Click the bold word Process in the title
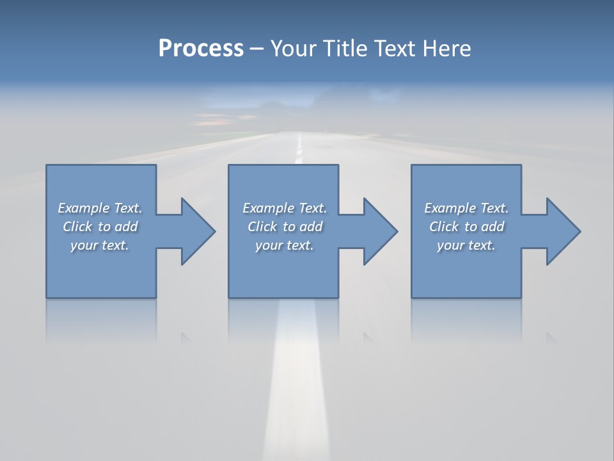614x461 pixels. coord(201,49)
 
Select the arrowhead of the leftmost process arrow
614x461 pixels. coord(198,231)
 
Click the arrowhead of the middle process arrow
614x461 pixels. coord(380,231)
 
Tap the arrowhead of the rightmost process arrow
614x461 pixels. coord(563,231)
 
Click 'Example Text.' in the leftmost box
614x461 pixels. coord(100,208)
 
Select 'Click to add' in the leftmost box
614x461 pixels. coord(100,227)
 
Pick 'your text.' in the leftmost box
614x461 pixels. coord(100,245)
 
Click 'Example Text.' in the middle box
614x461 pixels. coord(285,208)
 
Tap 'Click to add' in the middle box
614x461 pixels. coord(285,227)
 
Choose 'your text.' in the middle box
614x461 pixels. coord(285,245)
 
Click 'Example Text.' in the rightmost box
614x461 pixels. coord(466,208)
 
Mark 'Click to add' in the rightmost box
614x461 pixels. coord(466,227)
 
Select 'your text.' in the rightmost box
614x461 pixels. coord(466,245)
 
